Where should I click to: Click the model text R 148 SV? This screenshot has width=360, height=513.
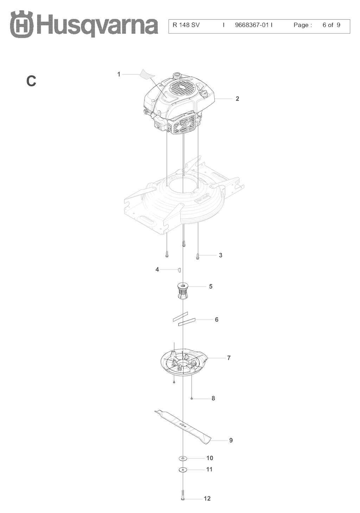[186, 25]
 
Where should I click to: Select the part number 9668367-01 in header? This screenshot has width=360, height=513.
[252, 25]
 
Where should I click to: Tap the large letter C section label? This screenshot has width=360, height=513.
[31, 81]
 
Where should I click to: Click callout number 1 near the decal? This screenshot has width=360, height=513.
[118, 74]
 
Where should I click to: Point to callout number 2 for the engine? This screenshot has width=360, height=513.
[237, 99]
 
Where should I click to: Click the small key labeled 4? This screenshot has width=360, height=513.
[179, 270]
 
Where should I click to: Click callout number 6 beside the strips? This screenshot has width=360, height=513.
[217, 319]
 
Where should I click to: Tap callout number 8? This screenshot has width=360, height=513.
[213, 398]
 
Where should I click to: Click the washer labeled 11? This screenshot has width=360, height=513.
[183, 469]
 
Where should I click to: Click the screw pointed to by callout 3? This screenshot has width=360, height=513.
[198, 257]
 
